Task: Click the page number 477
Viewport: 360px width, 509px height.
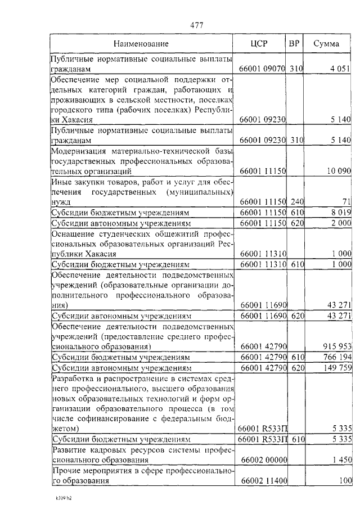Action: point(197,25)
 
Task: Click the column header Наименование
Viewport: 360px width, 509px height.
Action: point(141,43)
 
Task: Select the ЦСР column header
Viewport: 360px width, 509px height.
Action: point(259,43)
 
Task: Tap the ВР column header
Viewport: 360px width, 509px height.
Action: point(294,43)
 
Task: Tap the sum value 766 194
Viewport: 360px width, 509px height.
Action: point(336,357)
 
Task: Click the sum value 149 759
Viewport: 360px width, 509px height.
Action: point(336,368)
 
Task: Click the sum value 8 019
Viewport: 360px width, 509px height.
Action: point(340,213)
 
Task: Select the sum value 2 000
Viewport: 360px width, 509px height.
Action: point(340,224)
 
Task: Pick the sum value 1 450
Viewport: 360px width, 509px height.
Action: point(340,460)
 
